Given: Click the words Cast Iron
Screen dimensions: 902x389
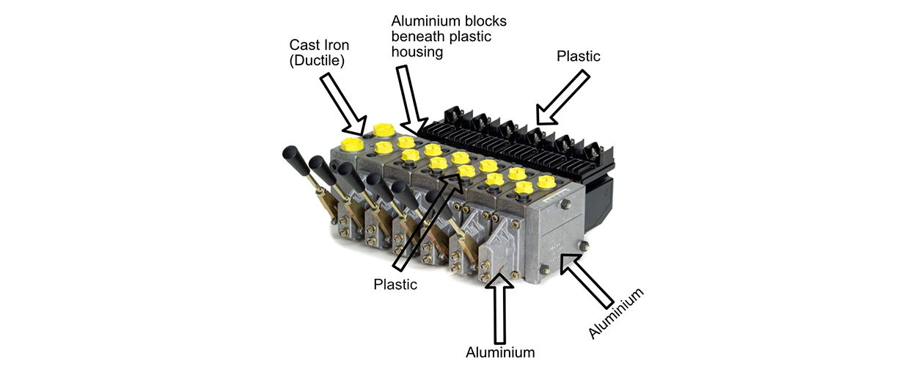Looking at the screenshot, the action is pyautogui.click(x=319, y=45).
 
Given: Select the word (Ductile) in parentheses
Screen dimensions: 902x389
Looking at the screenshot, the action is pyautogui.click(x=317, y=60).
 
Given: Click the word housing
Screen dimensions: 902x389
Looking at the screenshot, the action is pyautogui.click(x=417, y=52).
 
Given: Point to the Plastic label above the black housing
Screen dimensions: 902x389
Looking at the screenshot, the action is pyautogui.click(x=579, y=56).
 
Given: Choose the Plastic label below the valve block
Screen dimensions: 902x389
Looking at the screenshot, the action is pyautogui.click(x=395, y=284).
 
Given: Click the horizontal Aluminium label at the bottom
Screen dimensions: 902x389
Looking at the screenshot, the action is pyautogui.click(x=500, y=352).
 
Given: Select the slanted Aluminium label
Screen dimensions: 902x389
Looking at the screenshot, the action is pyautogui.click(x=616, y=313).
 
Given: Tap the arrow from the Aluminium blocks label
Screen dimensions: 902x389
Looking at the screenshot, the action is pyautogui.click(x=411, y=101).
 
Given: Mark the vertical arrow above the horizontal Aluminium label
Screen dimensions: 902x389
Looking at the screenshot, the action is pyautogui.click(x=499, y=309).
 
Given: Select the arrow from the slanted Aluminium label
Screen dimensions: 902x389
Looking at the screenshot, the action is pyautogui.click(x=587, y=280).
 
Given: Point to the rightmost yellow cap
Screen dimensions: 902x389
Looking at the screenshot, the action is pyautogui.click(x=547, y=182).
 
